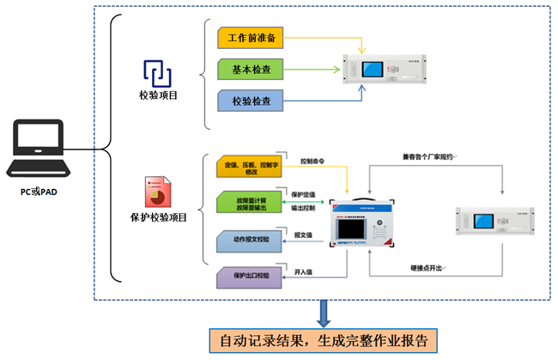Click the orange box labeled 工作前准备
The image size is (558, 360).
pyautogui.click(x=251, y=39)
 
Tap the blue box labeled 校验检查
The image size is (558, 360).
pyautogui.click(x=251, y=101)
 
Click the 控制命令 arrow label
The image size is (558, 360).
pyautogui.click(x=315, y=162)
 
